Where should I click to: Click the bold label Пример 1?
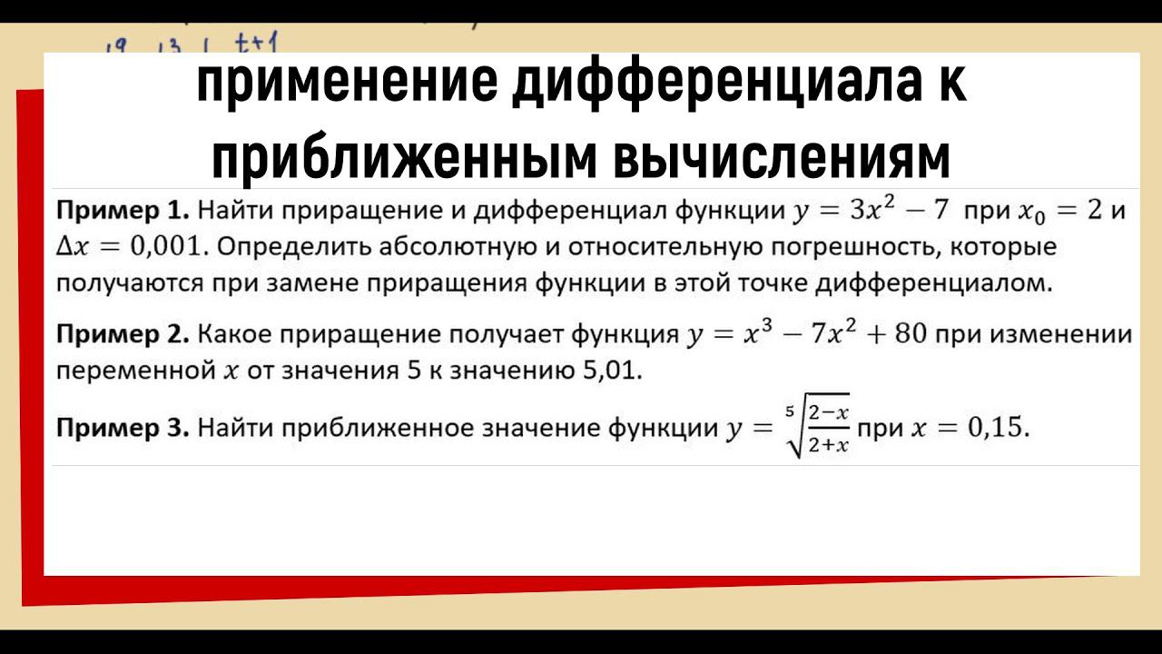tap(123, 212)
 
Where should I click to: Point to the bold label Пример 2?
tap(123, 335)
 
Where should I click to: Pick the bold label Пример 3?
tap(123, 428)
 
